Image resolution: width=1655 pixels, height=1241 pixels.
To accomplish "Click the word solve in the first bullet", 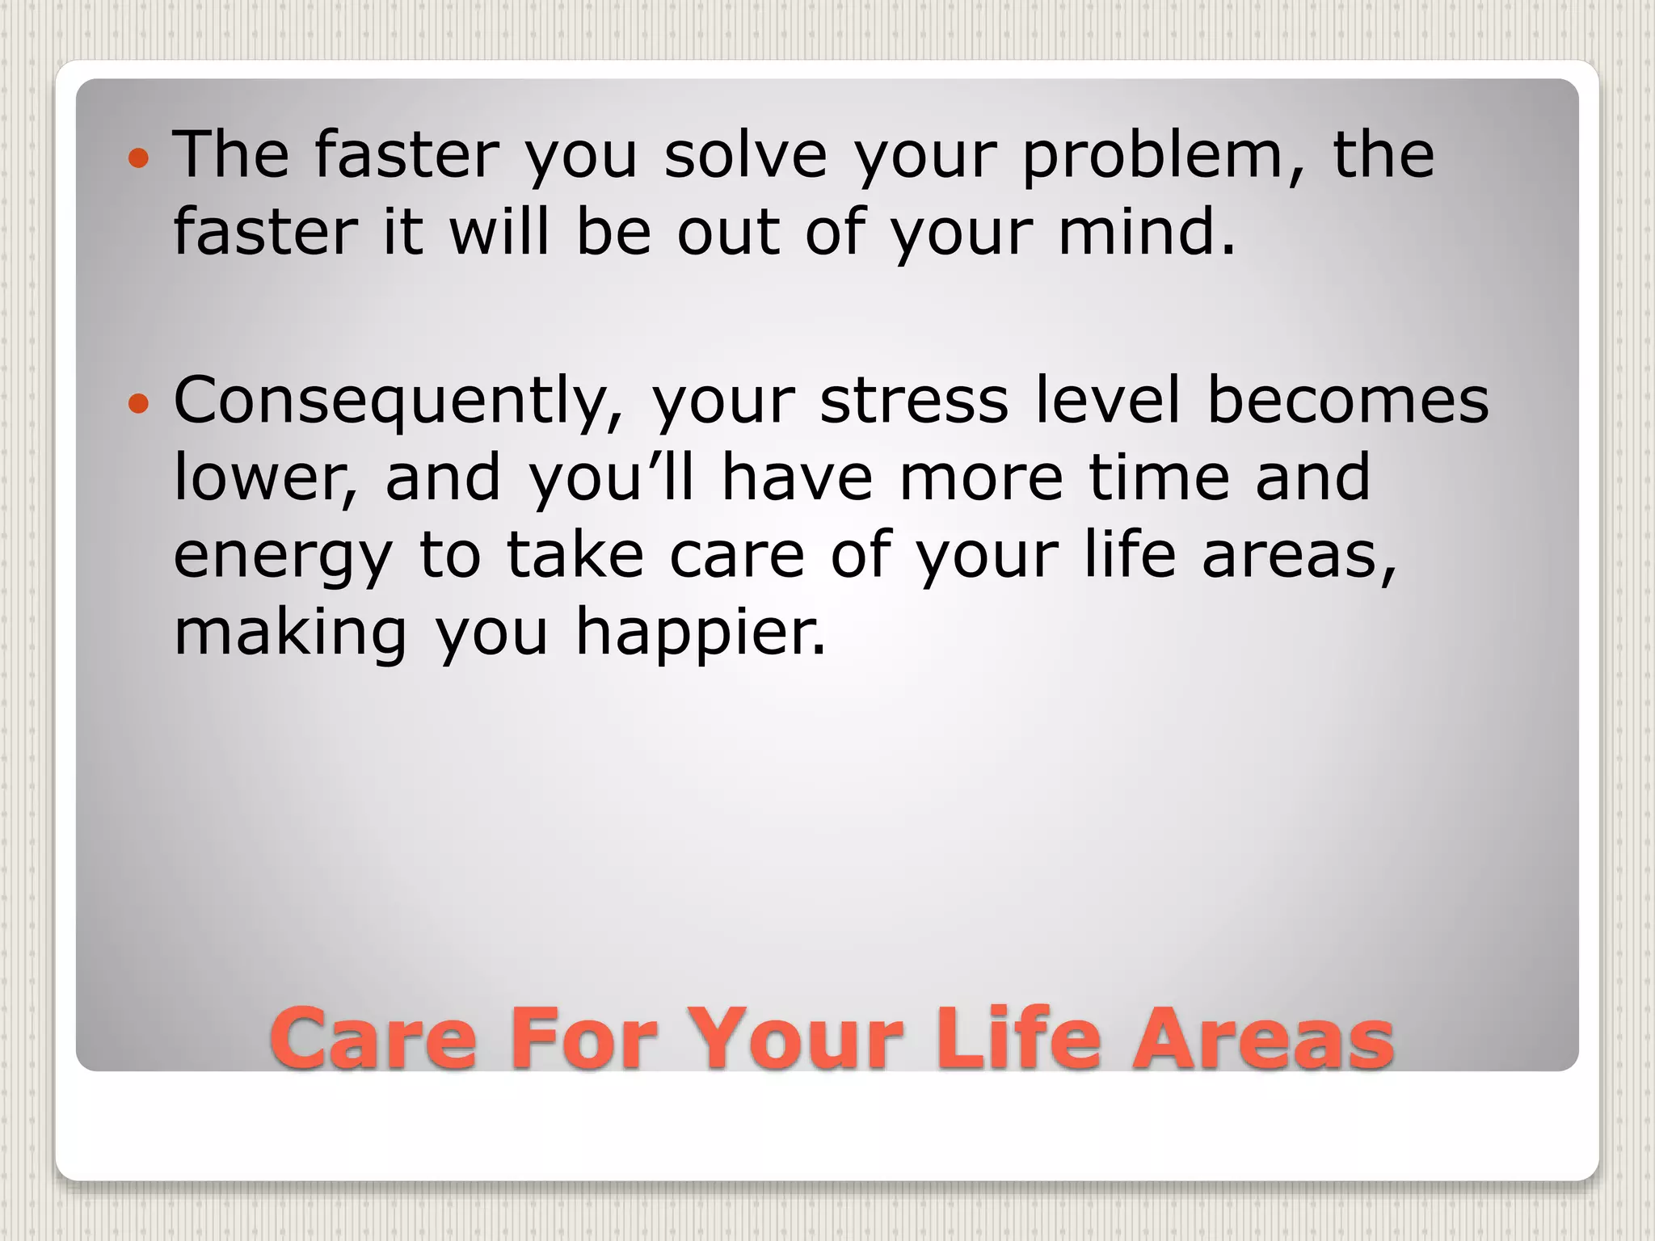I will point(745,154).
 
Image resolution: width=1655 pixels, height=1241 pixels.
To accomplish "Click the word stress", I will point(914,401).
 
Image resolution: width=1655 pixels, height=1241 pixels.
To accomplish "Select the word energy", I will point(283,557).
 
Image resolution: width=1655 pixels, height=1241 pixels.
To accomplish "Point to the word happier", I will point(701,635).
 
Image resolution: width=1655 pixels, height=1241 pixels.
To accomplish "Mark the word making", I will point(291,635).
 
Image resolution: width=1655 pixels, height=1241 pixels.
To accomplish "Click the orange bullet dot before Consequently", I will point(139,403).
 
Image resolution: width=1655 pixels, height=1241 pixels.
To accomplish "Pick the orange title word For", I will point(589,1038).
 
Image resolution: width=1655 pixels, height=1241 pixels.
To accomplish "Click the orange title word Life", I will point(1017,1038).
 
